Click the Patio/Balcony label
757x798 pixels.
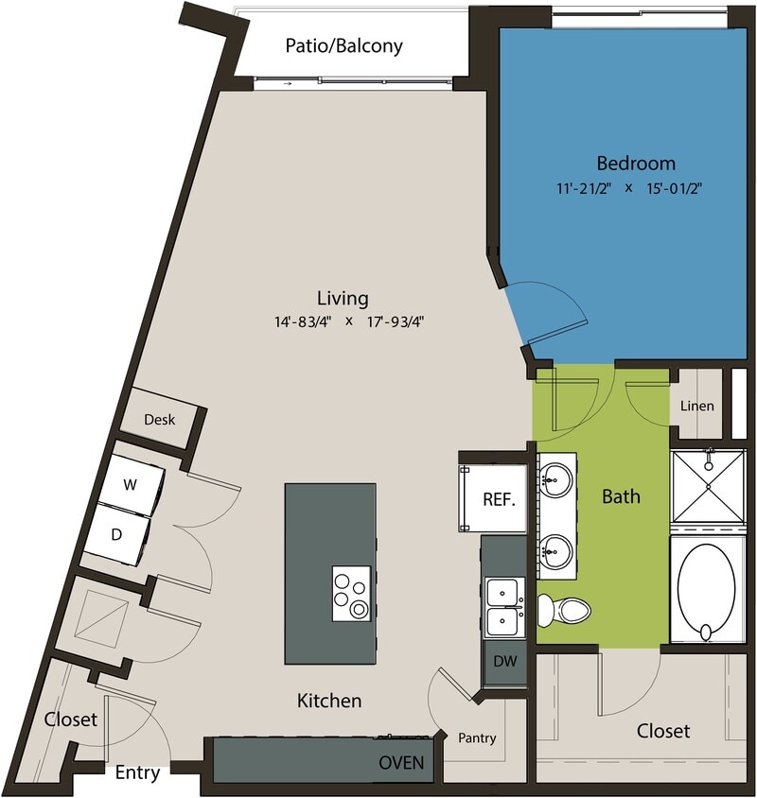pyautogui.click(x=343, y=45)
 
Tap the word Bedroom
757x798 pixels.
pyautogui.click(x=635, y=163)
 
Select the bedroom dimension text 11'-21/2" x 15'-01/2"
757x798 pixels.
pyautogui.click(x=628, y=187)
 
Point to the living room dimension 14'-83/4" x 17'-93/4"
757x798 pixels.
pyautogui.click(x=347, y=321)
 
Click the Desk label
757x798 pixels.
pyautogui.click(x=159, y=419)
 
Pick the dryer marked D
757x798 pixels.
pyautogui.click(x=117, y=534)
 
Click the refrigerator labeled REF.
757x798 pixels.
pyautogui.click(x=498, y=499)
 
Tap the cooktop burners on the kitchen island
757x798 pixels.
pyautogui.click(x=351, y=594)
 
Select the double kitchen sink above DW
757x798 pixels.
pyautogui.click(x=503, y=607)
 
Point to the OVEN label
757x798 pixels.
pyautogui.click(x=401, y=762)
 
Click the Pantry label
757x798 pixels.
pyautogui.click(x=477, y=737)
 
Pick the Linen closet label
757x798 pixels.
pyautogui.click(x=697, y=406)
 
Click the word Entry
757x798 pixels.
pyautogui.click(x=137, y=772)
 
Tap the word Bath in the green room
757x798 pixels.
pyautogui.click(x=621, y=495)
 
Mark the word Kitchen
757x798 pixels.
pyautogui.click(x=329, y=701)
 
